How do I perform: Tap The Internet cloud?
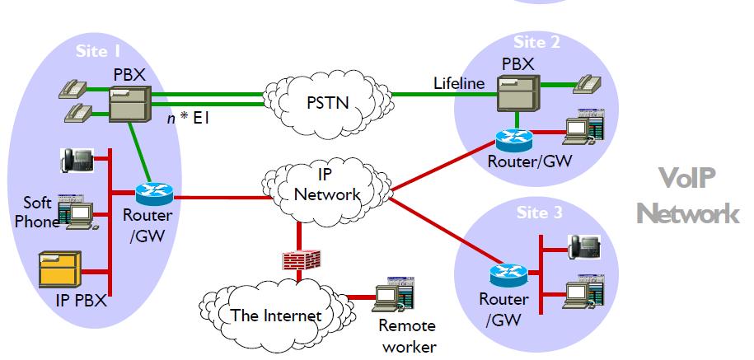coord(275,314)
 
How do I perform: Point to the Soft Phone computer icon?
coord(81,213)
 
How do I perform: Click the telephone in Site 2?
coord(588,82)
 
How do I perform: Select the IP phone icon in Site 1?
coord(77,159)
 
